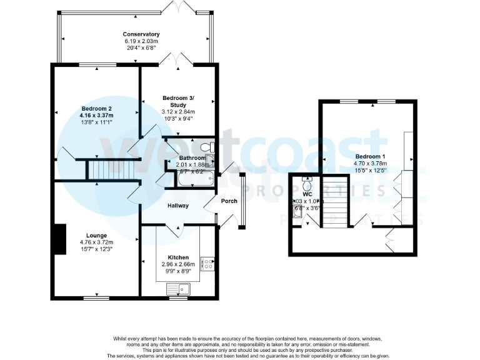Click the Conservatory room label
pos(141,34)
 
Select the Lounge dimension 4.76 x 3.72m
pos(96,242)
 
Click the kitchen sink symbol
pos(179,289)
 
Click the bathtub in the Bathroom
pos(194,179)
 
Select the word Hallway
pos(178,206)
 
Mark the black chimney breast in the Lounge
pos(59,239)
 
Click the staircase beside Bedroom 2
pos(111,169)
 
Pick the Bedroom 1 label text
pos(371,156)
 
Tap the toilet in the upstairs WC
pos(306,185)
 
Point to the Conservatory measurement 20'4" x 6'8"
pos(141,49)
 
